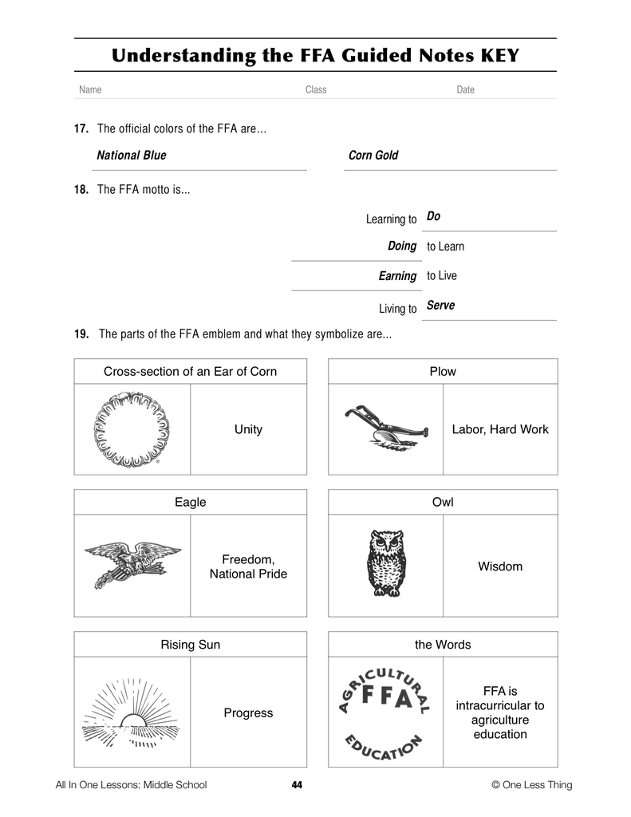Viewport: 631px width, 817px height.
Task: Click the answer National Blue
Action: pos(132,156)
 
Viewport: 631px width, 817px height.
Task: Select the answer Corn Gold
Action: pos(373,156)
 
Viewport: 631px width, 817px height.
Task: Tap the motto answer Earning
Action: pos(397,276)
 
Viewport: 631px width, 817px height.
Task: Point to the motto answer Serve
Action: pos(440,306)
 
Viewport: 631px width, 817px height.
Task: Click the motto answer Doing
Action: pos(402,247)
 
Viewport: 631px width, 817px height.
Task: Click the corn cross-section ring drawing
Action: pos(132,428)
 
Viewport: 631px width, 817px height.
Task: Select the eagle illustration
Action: pos(132,563)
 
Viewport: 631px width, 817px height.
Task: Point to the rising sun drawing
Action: pos(132,712)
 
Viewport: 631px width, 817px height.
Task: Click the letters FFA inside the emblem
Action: pos(387,698)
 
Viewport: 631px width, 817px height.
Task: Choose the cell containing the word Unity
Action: pos(248,429)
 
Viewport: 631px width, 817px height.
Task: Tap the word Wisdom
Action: pos(500,566)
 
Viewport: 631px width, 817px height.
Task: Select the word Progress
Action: pos(248,712)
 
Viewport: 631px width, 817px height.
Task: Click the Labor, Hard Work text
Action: pos(500,429)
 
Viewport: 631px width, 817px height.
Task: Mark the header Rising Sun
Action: pos(190,644)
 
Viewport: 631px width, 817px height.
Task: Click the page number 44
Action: pos(297,785)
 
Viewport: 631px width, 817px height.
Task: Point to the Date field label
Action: pos(465,90)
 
